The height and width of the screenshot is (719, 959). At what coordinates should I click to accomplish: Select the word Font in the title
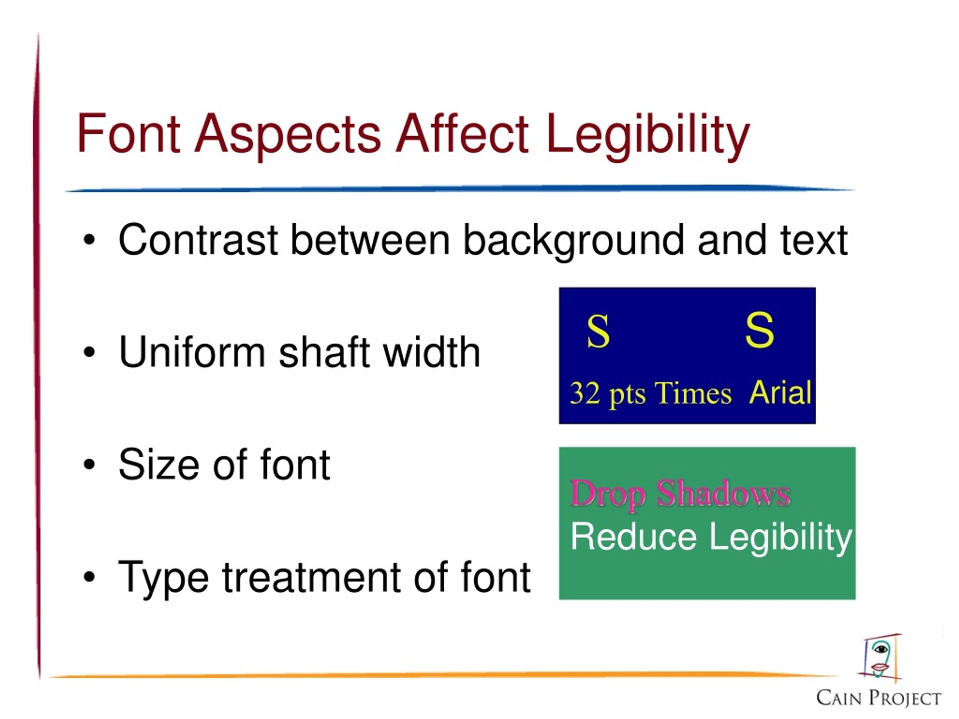point(128,133)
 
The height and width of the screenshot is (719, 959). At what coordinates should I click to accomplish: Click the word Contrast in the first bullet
point(198,240)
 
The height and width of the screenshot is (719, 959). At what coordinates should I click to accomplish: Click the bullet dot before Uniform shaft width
point(89,352)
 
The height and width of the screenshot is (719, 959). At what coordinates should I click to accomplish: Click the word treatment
point(311,577)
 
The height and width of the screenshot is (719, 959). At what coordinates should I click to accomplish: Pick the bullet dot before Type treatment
point(89,577)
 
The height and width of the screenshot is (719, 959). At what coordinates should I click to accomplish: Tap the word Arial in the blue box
point(780,393)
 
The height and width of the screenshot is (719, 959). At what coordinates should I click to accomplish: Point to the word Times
point(693,394)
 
